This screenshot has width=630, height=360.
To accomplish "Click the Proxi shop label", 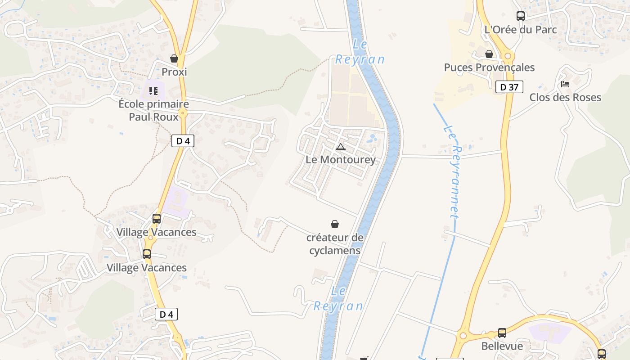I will (x=174, y=72).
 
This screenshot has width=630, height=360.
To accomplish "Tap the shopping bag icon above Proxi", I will (x=174, y=58).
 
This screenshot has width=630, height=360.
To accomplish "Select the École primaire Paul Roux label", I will (x=153, y=110).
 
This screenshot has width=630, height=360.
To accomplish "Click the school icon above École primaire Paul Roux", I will (x=153, y=91).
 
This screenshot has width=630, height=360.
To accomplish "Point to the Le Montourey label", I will (x=341, y=160).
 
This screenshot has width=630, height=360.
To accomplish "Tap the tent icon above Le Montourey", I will (x=341, y=147).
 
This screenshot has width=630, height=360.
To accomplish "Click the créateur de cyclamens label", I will (x=335, y=244).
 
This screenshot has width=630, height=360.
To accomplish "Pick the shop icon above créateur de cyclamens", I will (x=335, y=224).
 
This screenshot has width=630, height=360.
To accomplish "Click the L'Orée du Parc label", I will (x=521, y=30).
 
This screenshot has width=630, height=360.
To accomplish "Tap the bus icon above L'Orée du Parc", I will (x=521, y=16).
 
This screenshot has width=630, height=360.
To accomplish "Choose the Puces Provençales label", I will (x=489, y=67).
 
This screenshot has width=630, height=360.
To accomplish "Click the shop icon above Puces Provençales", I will (x=489, y=54).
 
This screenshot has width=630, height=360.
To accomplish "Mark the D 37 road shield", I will (x=509, y=87).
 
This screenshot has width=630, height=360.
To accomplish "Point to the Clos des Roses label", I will (x=565, y=97).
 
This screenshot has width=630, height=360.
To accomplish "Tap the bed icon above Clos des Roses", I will (x=565, y=84).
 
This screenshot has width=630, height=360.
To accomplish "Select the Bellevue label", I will (x=502, y=346).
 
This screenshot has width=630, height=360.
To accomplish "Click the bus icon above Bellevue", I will (x=502, y=333).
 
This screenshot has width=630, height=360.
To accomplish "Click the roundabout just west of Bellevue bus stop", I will (x=463, y=336).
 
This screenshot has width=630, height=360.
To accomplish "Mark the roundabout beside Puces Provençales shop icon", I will (x=508, y=56).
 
